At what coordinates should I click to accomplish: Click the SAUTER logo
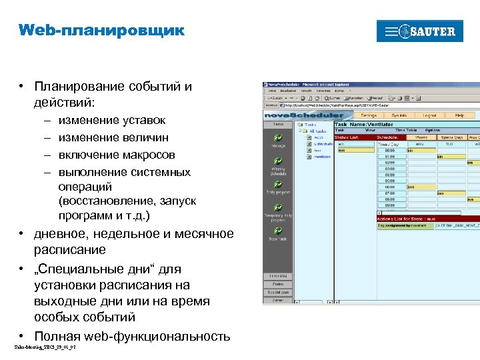pos(419,31)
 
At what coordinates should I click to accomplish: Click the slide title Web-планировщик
pos(101,31)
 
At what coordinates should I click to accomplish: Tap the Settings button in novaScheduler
pos(368,115)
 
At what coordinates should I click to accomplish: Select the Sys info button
pos(399,115)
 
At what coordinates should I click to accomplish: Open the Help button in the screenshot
pos(459,115)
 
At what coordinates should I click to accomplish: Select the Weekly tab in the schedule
pos(420,136)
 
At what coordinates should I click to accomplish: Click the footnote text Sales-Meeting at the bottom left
pos(40,347)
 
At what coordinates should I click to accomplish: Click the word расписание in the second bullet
pos(70,250)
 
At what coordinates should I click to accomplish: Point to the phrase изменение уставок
pos(112,121)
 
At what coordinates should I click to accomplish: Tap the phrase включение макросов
pos(117,155)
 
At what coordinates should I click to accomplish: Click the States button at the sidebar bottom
pos(278,284)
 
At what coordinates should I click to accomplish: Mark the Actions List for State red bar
pos(427,219)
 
